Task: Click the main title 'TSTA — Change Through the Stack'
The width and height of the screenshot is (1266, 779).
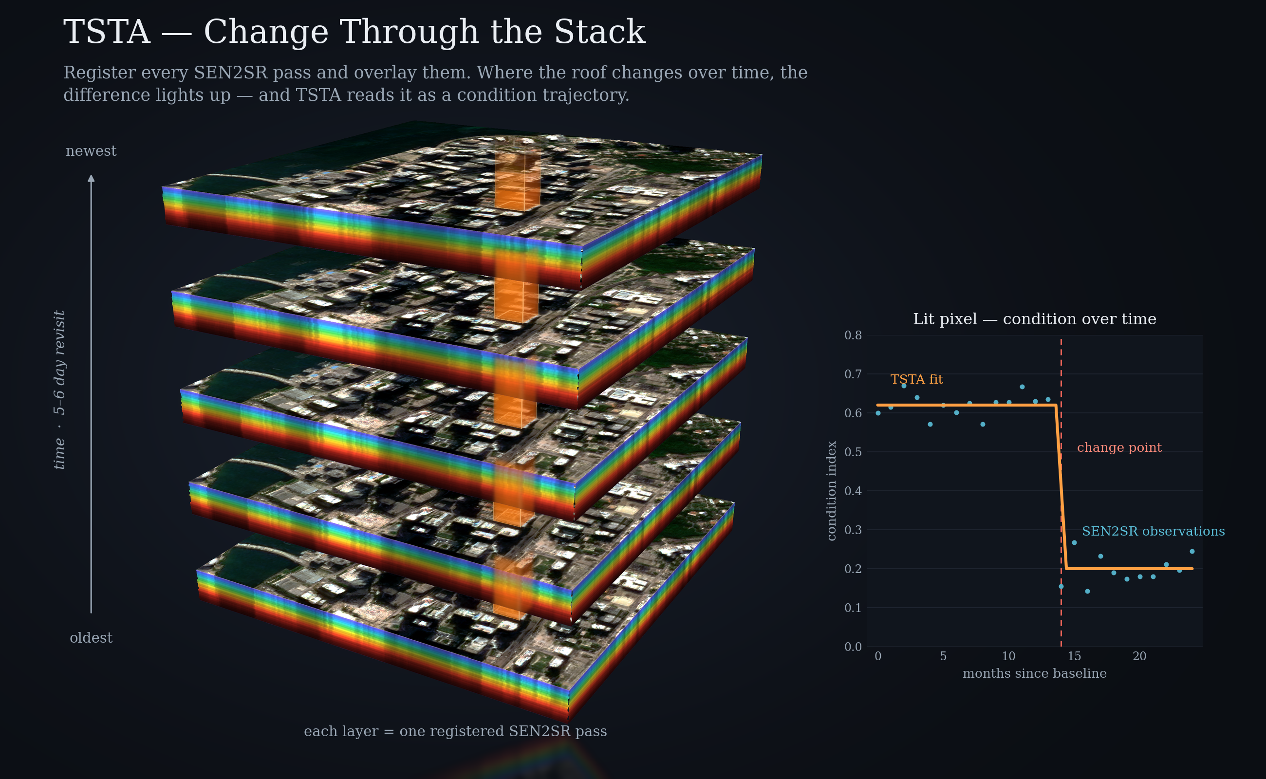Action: point(354,32)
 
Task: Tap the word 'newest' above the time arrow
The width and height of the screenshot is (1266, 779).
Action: point(91,151)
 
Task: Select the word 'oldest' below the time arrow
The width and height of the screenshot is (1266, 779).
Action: point(91,638)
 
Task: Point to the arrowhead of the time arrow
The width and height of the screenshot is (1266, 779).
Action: point(91,178)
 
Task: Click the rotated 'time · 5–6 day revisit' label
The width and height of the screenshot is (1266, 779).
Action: point(60,389)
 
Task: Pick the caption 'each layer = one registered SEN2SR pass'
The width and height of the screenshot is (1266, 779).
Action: point(455,732)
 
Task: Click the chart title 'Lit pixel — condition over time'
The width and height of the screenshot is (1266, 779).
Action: point(1035,319)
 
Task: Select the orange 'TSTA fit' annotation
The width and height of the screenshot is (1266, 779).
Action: point(917,379)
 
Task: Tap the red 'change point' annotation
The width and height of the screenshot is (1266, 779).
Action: point(1119,447)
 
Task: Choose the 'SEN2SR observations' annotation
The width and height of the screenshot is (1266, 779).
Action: point(1153,531)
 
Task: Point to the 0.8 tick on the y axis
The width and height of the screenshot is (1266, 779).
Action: point(853,335)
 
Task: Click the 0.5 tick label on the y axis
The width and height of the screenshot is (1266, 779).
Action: point(853,452)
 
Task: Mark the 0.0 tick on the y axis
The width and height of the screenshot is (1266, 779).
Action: point(853,647)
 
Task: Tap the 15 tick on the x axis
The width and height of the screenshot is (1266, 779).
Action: point(1074,656)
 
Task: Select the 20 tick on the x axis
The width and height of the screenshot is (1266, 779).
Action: point(1140,656)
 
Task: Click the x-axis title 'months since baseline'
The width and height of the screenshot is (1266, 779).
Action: point(1035,673)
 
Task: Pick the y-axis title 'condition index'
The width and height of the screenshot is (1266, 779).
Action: point(831,490)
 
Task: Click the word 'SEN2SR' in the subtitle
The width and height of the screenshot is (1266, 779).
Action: point(231,73)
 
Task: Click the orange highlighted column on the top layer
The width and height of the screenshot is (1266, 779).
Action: point(517,180)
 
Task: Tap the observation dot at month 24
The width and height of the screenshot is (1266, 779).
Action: point(1192,551)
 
